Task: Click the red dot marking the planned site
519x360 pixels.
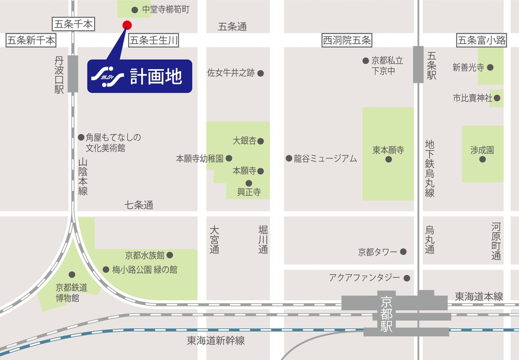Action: coord(126,25)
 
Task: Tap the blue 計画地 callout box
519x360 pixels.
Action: coord(140,76)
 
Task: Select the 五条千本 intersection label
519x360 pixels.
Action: coord(73,24)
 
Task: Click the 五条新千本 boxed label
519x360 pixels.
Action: coord(31,40)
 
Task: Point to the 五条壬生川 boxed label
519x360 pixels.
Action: coord(154,40)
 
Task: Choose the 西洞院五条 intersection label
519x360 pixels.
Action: coord(347,40)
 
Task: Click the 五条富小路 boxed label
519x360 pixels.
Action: coord(482,40)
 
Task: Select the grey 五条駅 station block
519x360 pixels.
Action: coord(418,65)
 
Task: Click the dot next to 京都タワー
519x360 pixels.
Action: coord(404,252)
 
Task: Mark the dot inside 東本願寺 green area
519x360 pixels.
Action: coord(388,159)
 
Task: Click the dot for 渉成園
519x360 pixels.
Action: coord(483,159)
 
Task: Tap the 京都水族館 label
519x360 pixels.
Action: coord(145,255)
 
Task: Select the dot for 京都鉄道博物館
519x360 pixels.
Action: coord(71,274)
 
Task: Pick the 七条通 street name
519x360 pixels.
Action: coord(139,205)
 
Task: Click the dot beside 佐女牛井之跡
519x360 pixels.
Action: coord(261,73)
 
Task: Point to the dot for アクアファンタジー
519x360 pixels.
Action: coord(407,278)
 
